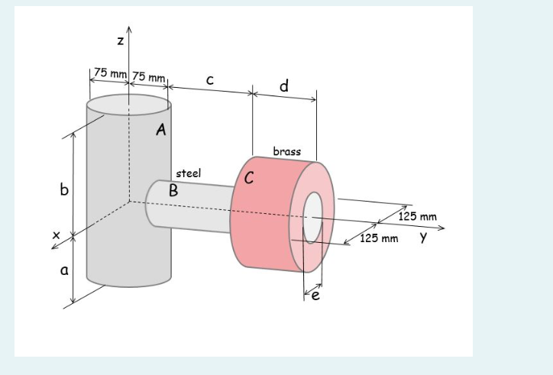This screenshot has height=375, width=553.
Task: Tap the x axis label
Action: tap(55, 237)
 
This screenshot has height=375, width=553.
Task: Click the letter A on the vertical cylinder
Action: tap(160, 130)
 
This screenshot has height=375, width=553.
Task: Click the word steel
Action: tap(189, 173)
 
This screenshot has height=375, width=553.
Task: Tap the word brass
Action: tap(286, 151)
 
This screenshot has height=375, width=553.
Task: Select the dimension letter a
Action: tap(64, 269)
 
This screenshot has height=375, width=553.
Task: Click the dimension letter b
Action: tap(64, 189)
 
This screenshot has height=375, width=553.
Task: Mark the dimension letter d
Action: tap(284, 86)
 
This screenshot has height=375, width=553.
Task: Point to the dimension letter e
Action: tap(313, 296)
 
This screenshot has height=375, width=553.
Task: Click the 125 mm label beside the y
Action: tap(379, 239)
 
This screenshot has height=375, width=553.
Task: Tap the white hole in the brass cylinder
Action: tap(313, 216)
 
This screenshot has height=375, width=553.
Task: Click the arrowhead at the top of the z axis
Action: tap(129, 29)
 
